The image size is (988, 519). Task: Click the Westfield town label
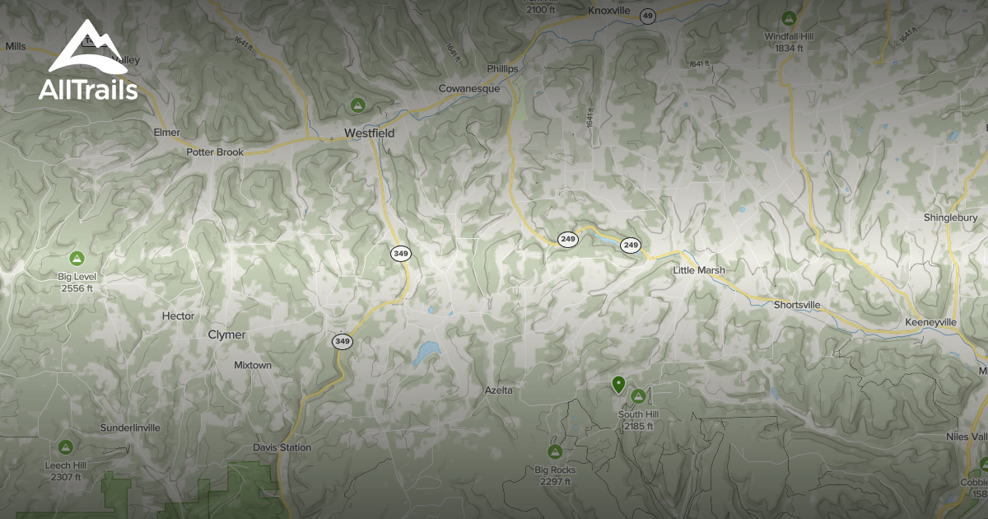tap(369, 133)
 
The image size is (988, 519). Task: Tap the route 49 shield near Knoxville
tap(649, 16)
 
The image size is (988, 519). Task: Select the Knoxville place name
tap(608, 11)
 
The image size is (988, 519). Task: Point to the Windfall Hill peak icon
tap(789, 18)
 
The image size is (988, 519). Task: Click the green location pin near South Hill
tap(618, 384)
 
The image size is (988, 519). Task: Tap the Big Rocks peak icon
tap(555, 451)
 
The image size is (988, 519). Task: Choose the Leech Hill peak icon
tap(66, 447)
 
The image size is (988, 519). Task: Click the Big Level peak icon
tap(77, 259)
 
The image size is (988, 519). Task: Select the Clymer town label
tap(226, 334)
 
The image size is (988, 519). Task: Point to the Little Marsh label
tap(699, 270)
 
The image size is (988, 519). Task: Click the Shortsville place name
tap(797, 305)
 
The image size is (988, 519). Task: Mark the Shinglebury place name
tap(950, 217)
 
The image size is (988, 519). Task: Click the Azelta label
tap(498, 390)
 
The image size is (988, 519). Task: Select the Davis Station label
tap(282, 447)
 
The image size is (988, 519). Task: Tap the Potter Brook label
tap(215, 152)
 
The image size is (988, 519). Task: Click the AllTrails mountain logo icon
tap(87, 49)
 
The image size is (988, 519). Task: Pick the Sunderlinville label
tap(130, 428)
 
